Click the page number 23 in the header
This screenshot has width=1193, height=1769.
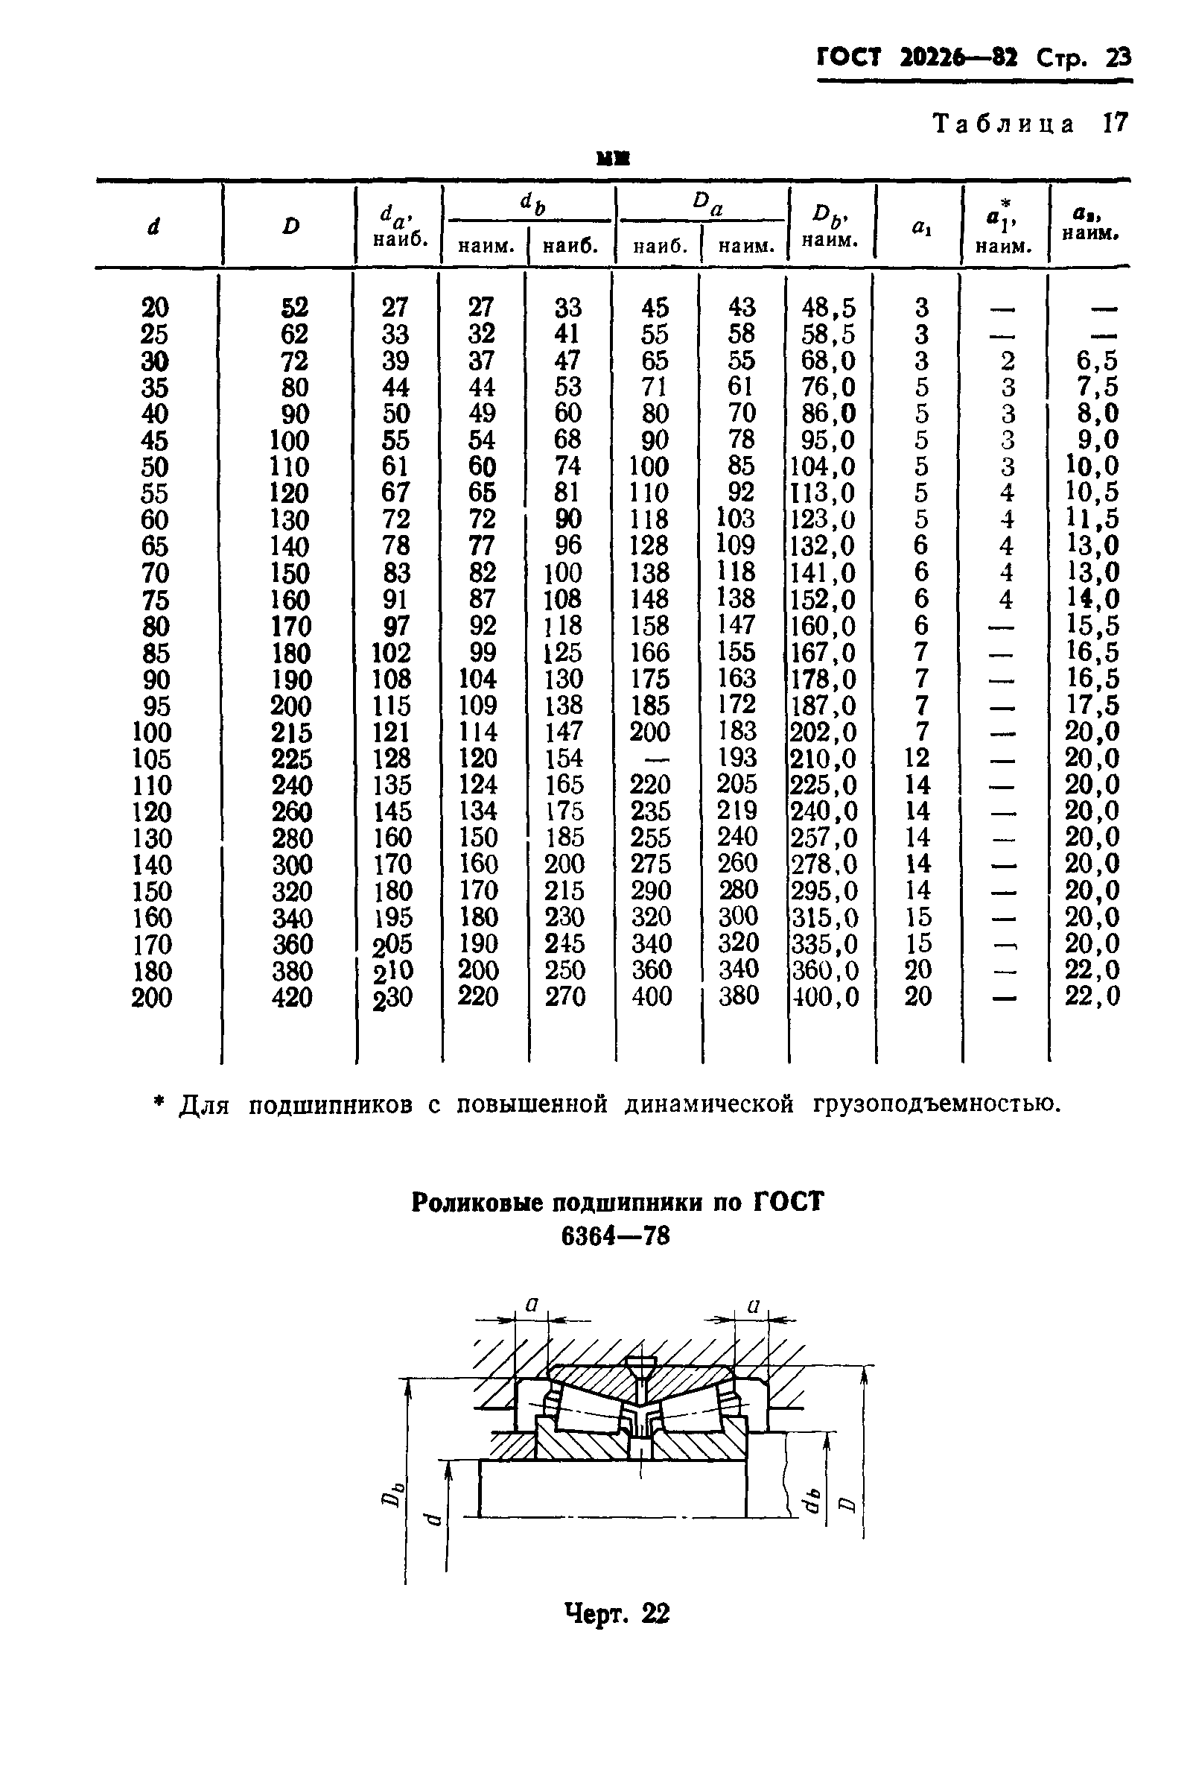coord(1118,58)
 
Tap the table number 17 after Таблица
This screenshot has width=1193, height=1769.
coord(1115,123)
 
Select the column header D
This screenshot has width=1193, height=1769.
coord(290,226)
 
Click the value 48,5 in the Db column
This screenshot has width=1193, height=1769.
coord(829,308)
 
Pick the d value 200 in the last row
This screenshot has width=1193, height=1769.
coord(152,997)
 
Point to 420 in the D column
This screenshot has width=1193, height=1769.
coord(292,997)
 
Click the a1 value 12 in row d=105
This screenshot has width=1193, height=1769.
coord(917,758)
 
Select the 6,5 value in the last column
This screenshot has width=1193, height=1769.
coord(1092,361)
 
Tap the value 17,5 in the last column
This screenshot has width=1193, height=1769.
coord(1092,705)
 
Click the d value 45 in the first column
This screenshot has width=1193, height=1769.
coord(154,440)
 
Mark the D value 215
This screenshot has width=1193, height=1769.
coord(292,732)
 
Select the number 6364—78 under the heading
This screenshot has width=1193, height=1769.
coord(616,1237)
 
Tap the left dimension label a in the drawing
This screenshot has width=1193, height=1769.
coord(532,1306)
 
